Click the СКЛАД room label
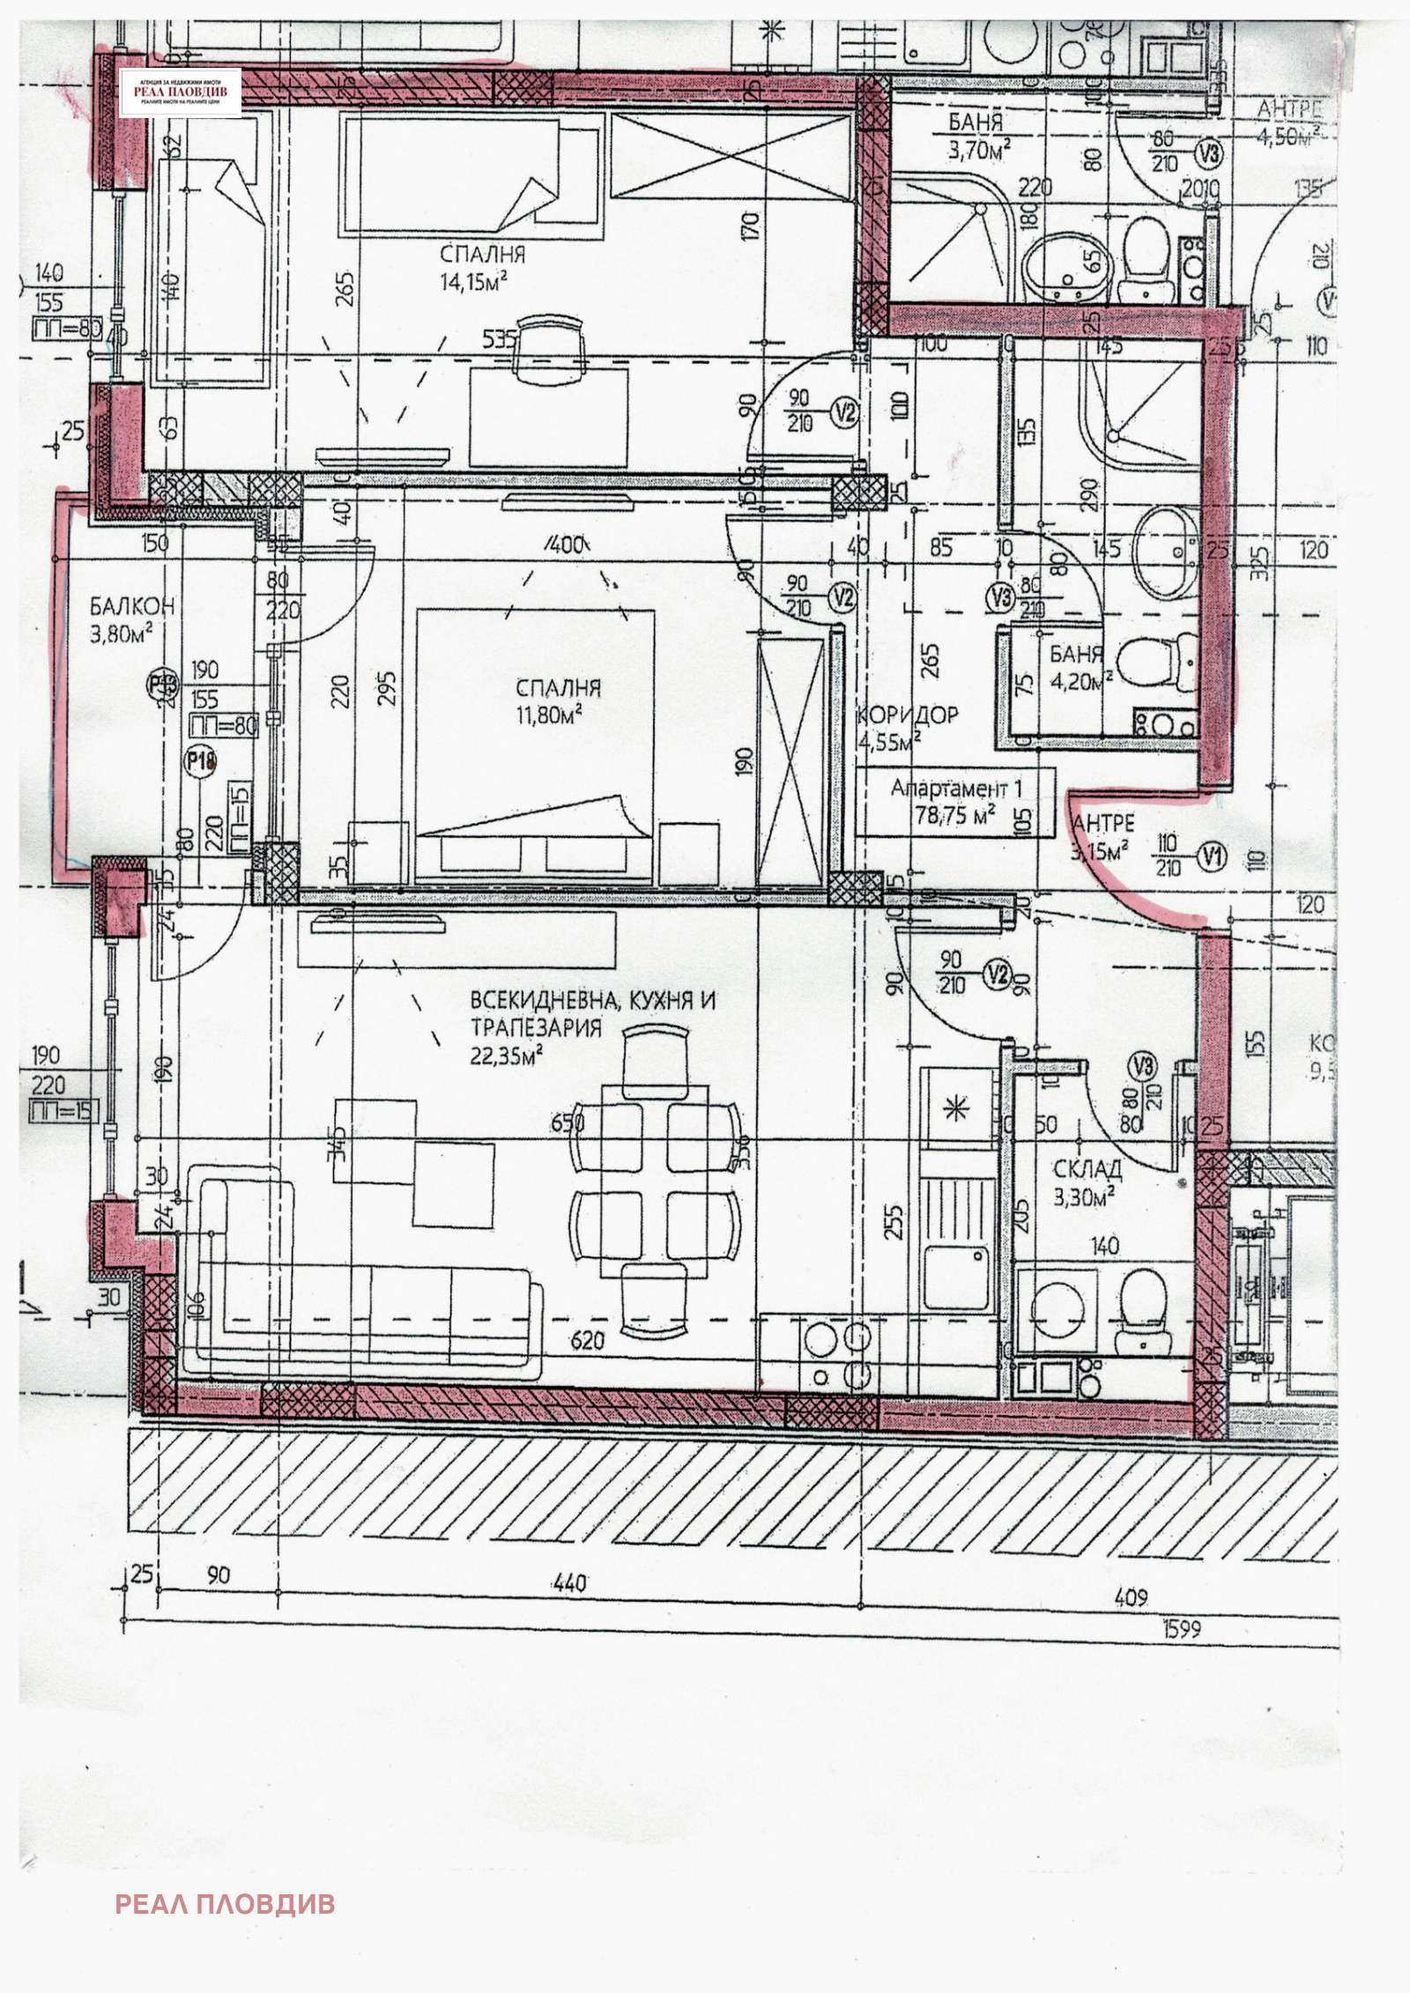point(1087,1169)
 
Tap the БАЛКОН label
point(132,606)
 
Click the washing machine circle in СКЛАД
point(1057,1308)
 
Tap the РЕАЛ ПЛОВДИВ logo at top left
point(181,93)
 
